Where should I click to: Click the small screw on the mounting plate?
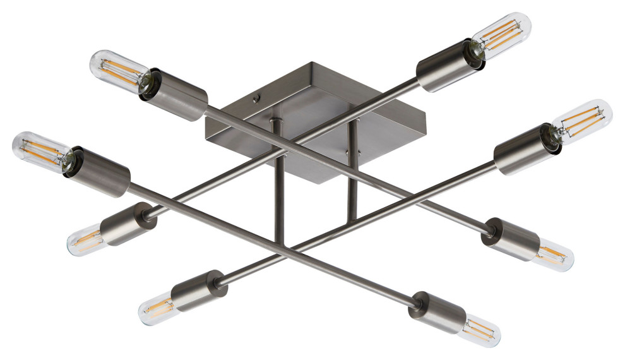click(255, 99)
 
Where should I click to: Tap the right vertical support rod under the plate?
click(352, 177)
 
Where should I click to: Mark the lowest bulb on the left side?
click(158, 308)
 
